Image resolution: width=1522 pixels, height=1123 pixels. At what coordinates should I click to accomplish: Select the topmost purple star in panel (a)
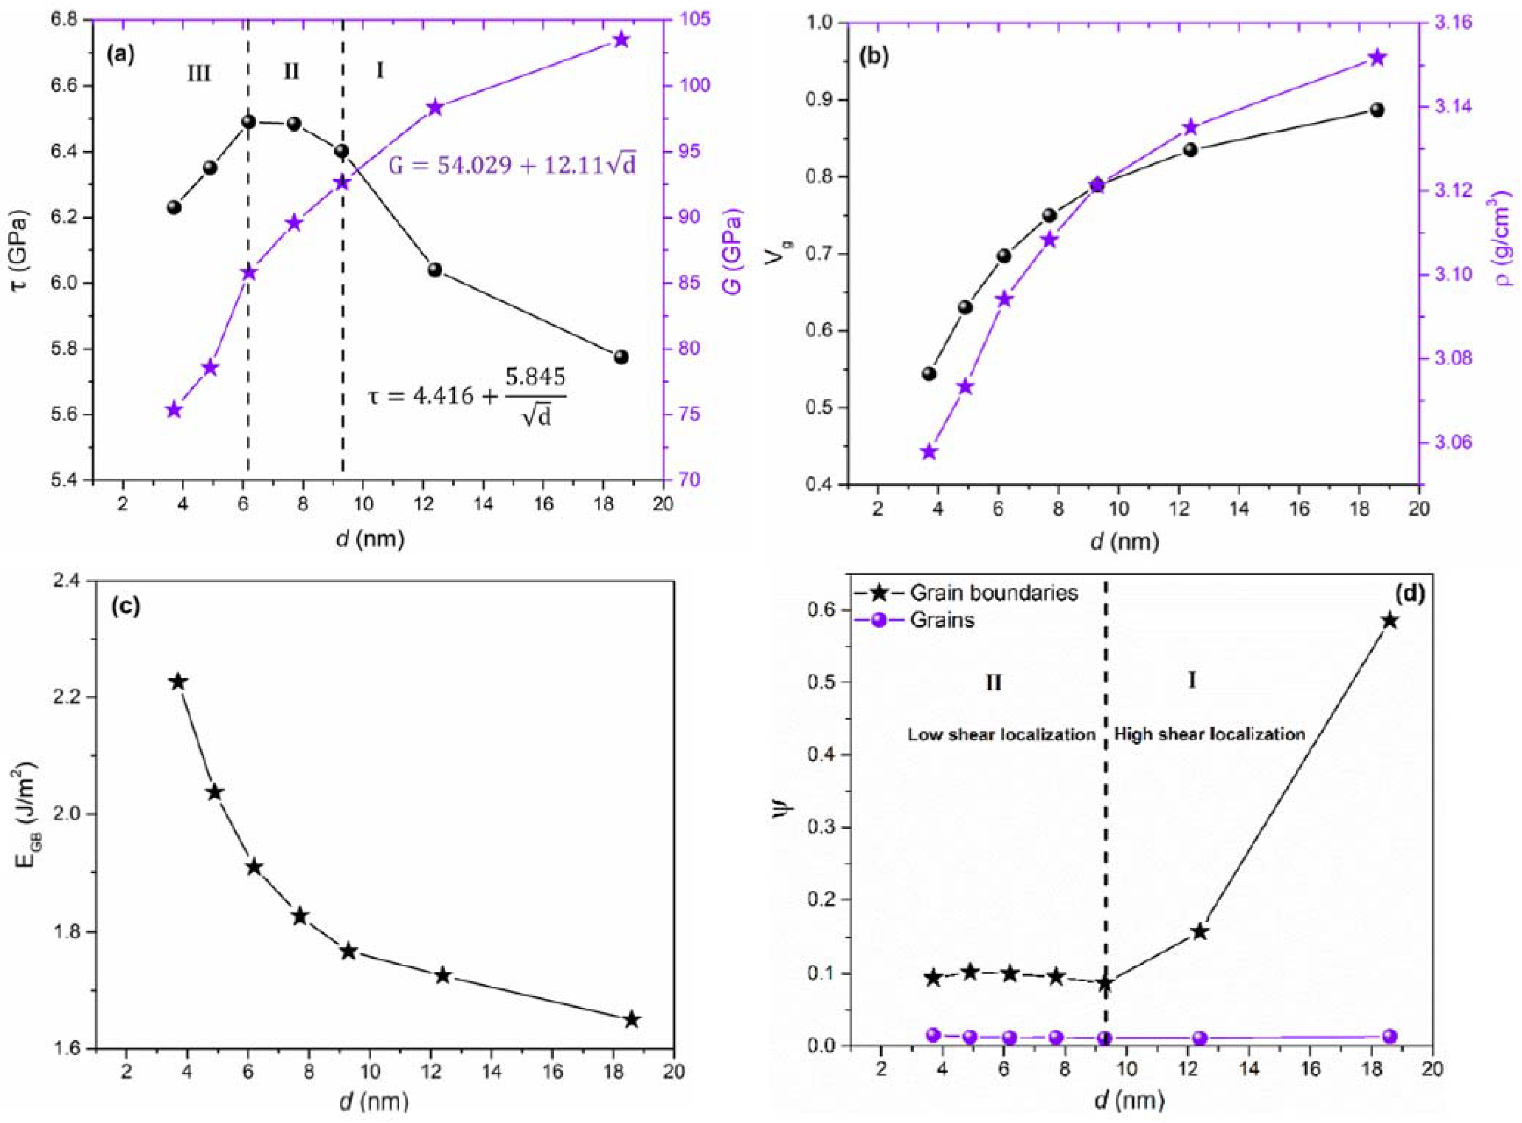pos(620,40)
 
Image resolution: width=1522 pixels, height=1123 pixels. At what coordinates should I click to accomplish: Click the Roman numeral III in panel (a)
pos(199,73)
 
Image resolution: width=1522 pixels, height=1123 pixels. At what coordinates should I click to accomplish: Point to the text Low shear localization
pos(1001,735)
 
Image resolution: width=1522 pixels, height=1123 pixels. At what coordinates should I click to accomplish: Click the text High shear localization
pos(1210,735)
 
